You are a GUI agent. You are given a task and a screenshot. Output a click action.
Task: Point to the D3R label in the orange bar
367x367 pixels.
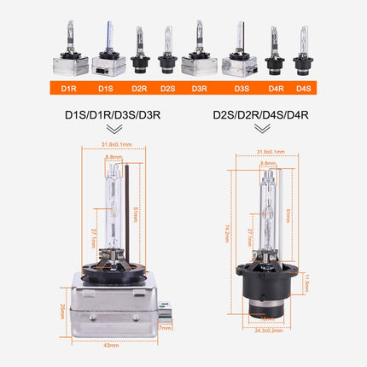point(199,86)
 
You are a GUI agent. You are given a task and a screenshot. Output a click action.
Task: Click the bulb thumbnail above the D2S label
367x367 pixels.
point(167,51)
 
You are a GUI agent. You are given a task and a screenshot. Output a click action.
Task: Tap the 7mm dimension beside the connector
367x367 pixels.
point(166,327)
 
